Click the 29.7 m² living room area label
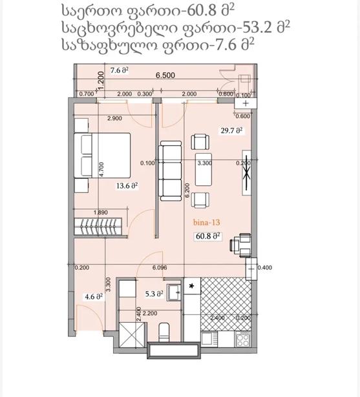231,130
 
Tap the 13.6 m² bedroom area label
127,185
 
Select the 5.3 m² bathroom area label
154,294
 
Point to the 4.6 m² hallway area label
94,296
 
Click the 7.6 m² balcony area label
119,70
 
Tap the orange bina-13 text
206,223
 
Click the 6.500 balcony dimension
165,75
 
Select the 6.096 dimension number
160,268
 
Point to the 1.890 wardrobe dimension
101,212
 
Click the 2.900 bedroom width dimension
114,118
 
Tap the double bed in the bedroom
102,155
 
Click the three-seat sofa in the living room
170,172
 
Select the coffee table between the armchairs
204,169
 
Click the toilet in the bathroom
164,332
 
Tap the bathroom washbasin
174,292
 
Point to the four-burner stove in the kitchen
243,340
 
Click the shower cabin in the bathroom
132,334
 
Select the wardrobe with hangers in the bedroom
98,226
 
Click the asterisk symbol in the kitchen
192,286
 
